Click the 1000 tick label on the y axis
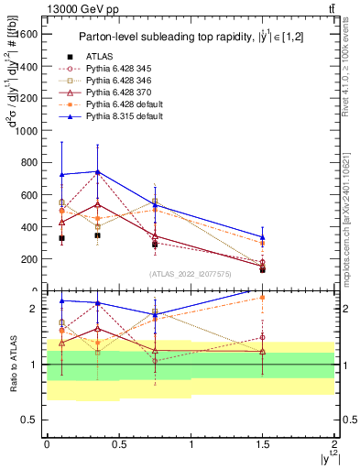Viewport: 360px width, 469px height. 27,131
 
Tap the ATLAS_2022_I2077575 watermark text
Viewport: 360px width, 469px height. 191,275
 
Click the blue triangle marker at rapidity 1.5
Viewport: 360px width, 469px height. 263,236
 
